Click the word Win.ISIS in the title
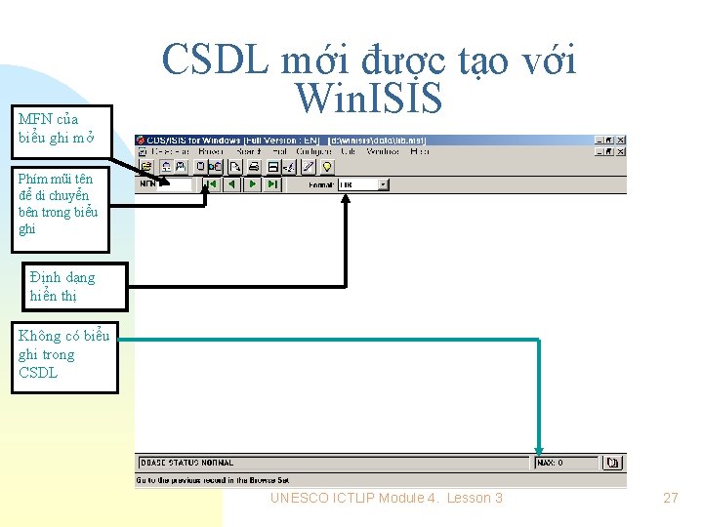click(369, 99)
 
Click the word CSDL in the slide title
click(216, 61)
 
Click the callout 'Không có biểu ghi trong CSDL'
click(64, 354)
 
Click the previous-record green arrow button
click(231, 184)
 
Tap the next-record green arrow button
click(252, 184)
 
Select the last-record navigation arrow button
click(272, 184)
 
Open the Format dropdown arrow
click(383, 184)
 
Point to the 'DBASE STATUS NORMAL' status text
click(188, 463)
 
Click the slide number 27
click(670, 498)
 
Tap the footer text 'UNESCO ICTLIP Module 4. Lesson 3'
click(387, 498)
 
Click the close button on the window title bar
click(621, 141)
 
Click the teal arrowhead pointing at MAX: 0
click(538, 445)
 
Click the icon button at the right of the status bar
click(612, 463)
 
